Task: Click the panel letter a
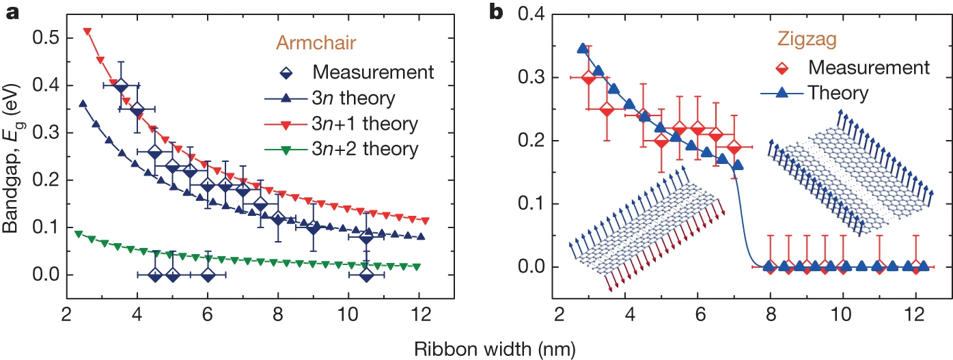[12, 12]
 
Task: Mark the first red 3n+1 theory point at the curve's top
[87, 31]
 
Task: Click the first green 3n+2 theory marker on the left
[79, 234]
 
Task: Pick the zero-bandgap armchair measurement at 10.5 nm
[367, 275]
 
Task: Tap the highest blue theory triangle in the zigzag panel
[583, 49]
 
